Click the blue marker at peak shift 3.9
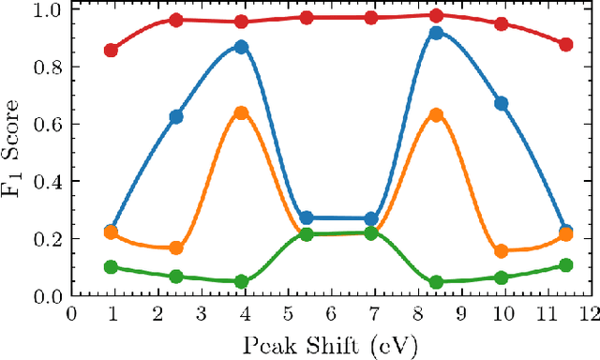241,47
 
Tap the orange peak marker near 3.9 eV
241,112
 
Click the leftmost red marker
111,50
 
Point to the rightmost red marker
565,44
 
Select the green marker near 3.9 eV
241,281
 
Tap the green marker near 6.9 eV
371,232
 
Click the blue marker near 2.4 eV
176,116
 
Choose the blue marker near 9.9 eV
501,103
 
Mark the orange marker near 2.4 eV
176,247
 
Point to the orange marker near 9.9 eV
501,251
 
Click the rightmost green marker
565,265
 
